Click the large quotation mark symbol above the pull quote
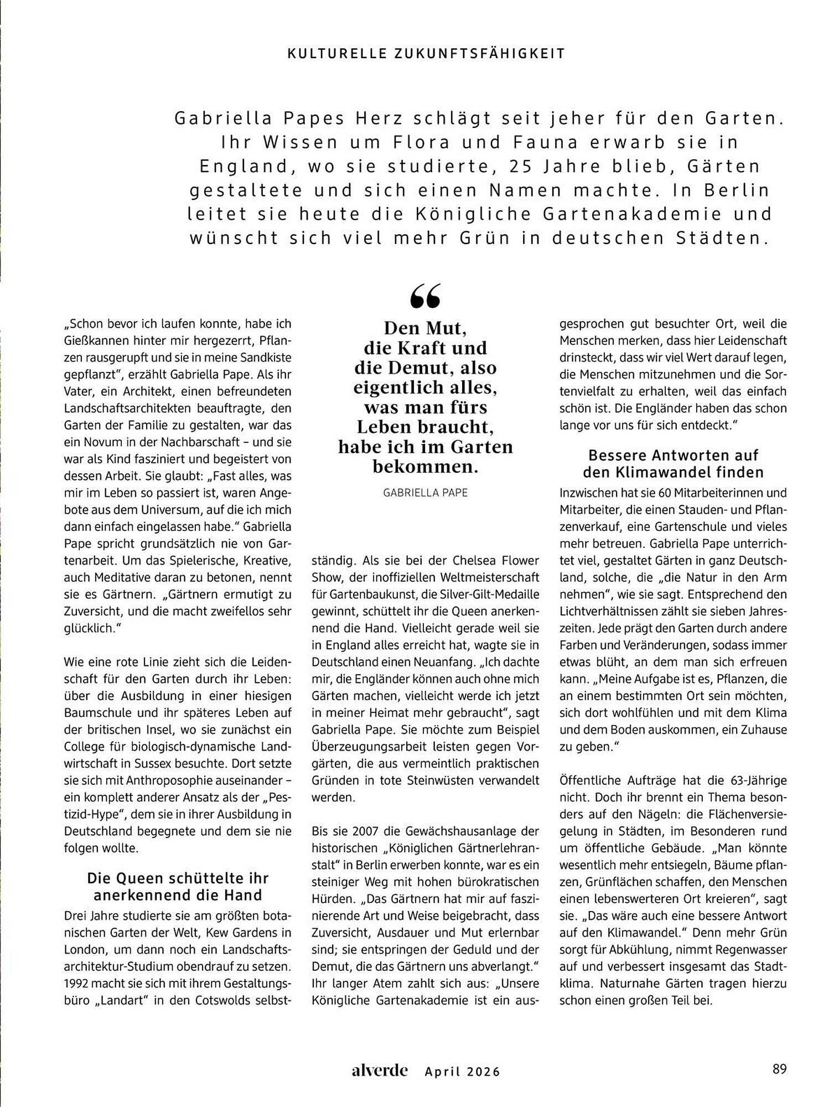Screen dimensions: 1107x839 click(x=426, y=296)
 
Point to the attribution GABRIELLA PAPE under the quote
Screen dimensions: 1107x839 click(x=425, y=493)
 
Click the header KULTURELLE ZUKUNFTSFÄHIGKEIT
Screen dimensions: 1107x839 click(x=426, y=54)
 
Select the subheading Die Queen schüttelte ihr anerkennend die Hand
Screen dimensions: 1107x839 click(x=178, y=886)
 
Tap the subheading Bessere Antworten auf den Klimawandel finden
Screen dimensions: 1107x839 click(x=673, y=464)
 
